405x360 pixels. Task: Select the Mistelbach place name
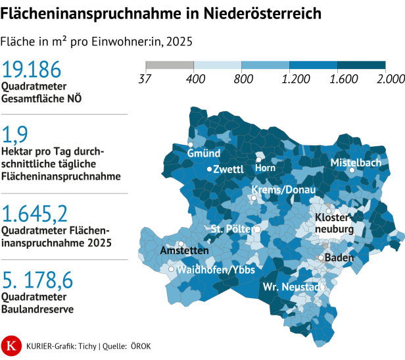[x=356, y=162]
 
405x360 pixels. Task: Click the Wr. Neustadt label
[x=293, y=288]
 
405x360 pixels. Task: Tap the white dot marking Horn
[x=259, y=159]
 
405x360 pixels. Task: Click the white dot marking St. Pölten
[x=258, y=230]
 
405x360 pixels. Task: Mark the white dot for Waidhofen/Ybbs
[x=172, y=269]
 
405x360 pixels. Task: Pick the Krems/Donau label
[x=283, y=190]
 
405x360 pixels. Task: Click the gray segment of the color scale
[x=169, y=65]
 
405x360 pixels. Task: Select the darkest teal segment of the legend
[x=361, y=65]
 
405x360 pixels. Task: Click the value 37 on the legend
[x=145, y=80]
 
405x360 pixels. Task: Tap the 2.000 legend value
[x=391, y=80]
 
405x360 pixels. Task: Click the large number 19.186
[x=32, y=70]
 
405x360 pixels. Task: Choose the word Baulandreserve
[x=37, y=308]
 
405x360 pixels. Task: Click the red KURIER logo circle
[x=11, y=344]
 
